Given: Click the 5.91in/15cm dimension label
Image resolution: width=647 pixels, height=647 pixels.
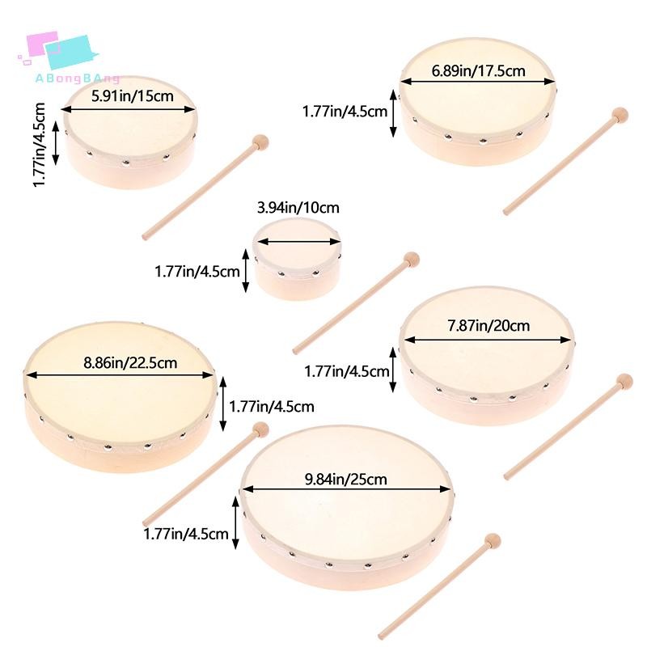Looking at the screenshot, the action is tap(133, 96).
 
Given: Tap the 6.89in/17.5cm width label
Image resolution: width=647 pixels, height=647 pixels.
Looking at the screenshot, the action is tap(478, 71).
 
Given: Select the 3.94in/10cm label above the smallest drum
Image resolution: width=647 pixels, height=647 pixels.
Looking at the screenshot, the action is tap(298, 207).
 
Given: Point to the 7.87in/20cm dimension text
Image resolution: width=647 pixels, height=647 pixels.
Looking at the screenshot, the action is tap(488, 326).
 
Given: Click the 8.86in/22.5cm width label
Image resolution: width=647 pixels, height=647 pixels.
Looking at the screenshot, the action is tap(130, 362).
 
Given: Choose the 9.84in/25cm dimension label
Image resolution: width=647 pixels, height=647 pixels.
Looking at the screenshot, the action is tap(346, 479).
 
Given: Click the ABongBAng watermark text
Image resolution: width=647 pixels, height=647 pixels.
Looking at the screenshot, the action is tap(77, 78).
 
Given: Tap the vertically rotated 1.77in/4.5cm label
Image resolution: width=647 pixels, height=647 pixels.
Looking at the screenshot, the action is tap(39, 145).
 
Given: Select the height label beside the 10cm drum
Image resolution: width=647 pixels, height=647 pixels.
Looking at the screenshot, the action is tap(197, 272).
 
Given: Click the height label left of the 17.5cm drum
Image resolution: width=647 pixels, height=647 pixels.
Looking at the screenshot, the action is tap(345, 112).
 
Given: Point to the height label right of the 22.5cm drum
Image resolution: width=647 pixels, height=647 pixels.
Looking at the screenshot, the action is tap(272, 407).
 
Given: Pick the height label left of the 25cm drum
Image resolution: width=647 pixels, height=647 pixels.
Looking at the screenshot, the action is tap(186, 534).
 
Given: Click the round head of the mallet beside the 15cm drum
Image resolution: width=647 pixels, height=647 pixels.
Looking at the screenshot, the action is tap(260, 142).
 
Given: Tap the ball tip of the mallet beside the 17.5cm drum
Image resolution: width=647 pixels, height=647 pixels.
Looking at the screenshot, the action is tap(620, 115).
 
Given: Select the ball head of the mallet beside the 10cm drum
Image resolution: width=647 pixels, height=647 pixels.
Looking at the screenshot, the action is tap(411, 260).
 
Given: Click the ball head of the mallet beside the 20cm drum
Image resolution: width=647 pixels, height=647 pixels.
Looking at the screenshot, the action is tap(624, 381).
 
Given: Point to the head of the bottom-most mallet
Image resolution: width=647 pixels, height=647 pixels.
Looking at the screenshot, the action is tap(493, 541).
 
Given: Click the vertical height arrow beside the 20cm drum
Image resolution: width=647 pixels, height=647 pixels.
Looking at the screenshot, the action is tap(393, 370).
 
